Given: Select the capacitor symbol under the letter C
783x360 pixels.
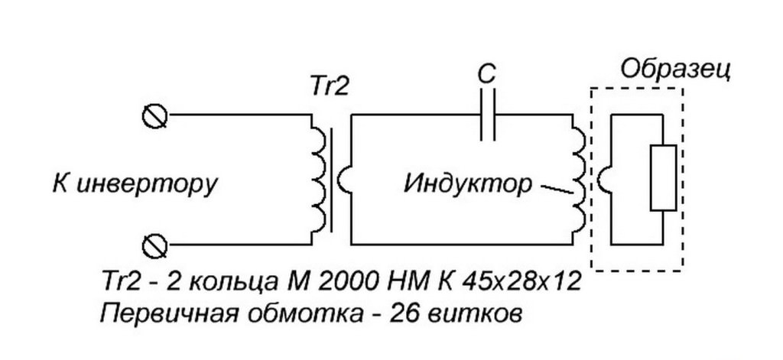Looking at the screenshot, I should tap(488, 115).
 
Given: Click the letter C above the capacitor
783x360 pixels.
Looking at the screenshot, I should tap(486, 74).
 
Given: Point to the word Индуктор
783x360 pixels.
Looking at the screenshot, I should tap(467, 185).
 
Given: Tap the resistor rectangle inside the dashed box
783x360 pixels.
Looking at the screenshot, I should tap(662, 177).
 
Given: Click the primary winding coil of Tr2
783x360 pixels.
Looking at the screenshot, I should tap(317, 180).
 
